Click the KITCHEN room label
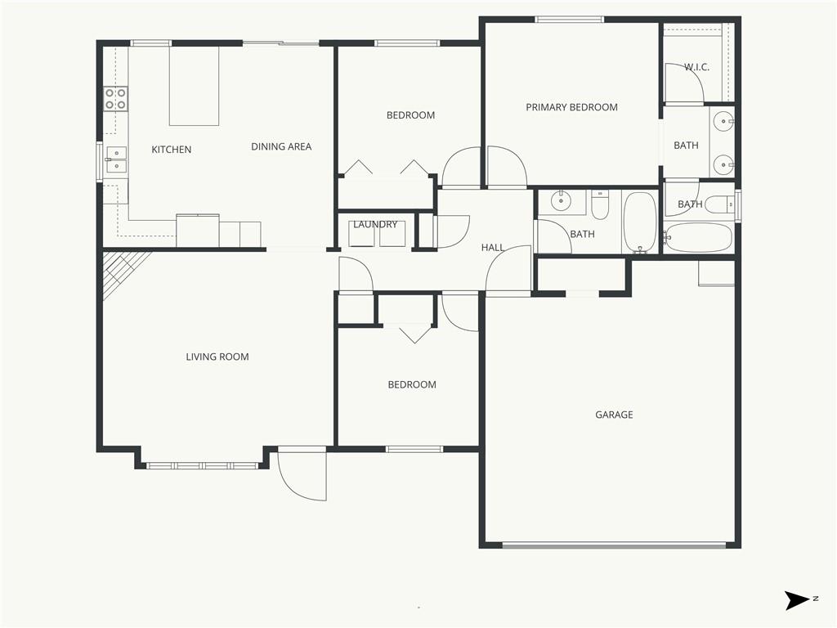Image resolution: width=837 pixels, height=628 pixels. click(172, 150)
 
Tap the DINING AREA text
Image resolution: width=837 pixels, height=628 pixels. click(280, 147)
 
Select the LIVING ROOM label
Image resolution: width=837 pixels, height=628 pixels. click(217, 357)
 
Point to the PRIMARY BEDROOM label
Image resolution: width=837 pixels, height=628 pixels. click(571, 107)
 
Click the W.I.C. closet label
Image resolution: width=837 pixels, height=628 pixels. click(696, 67)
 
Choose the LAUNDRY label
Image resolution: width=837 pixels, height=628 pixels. click(375, 225)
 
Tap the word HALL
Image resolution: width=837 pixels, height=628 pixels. click(493, 247)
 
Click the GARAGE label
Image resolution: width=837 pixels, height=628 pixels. click(614, 415)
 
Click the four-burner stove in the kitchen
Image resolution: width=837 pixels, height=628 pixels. click(115, 99)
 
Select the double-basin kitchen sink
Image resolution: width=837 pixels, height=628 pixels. click(116, 159)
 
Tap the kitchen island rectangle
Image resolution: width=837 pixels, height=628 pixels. click(194, 86)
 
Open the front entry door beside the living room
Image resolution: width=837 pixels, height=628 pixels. click(302, 474)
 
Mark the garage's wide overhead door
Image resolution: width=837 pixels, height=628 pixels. click(613, 544)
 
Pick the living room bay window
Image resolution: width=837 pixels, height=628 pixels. click(202, 465)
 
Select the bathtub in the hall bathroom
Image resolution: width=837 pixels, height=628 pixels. click(639, 222)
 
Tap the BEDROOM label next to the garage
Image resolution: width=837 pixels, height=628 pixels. click(411, 384)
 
